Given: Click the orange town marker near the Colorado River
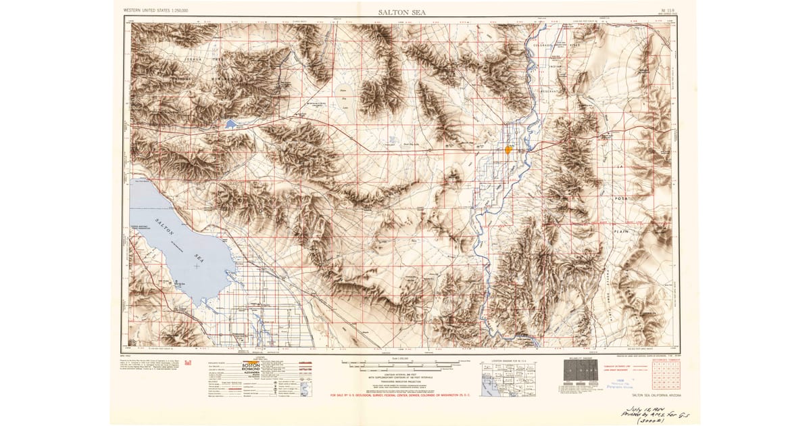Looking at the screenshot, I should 508,149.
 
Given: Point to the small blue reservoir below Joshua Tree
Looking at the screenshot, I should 232,124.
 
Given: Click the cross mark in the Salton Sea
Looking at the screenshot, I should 197,266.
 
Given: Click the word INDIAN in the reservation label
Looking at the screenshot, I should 556,67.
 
